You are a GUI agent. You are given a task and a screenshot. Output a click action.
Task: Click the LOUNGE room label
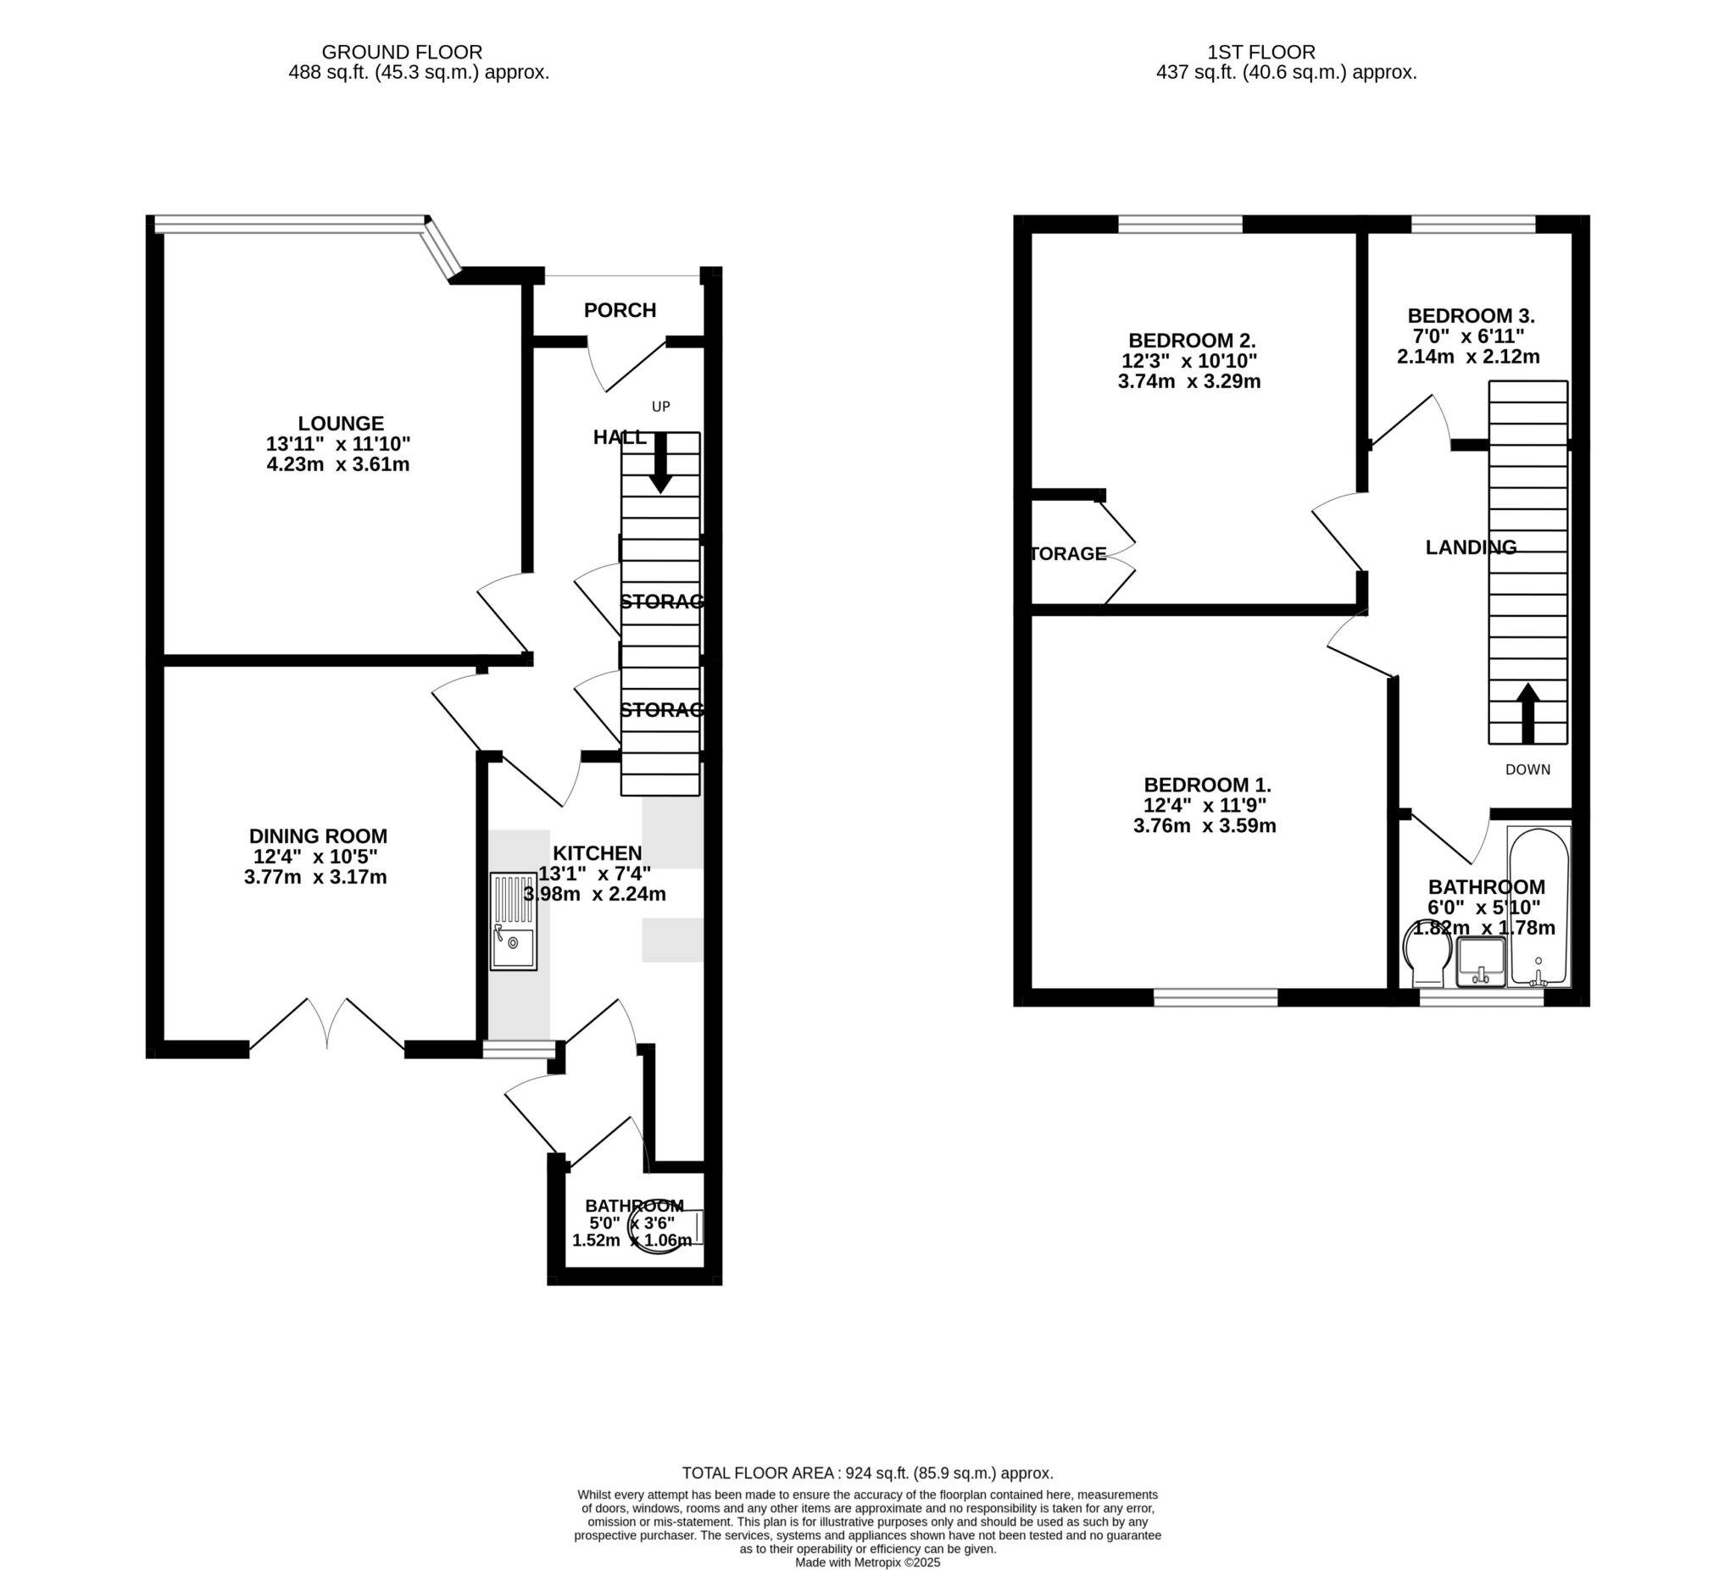click(x=341, y=424)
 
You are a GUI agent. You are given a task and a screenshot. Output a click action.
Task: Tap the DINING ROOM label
click(x=318, y=835)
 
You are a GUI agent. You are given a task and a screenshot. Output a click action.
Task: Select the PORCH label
click(x=620, y=310)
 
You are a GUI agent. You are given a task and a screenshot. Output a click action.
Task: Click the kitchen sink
click(x=513, y=922)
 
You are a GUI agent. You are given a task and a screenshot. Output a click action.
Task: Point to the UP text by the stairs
click(x=660, y=407)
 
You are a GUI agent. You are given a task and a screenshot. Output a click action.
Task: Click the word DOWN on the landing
click(x=1527, y=769)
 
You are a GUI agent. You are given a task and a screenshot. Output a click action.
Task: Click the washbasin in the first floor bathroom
click(x=1480, y=962)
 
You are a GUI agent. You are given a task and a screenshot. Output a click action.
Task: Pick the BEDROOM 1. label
click(x=1207, y=785)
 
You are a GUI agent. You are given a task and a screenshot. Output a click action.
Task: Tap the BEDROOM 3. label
click(x=1471, y=316)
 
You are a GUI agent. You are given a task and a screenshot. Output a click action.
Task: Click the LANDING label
click(x=1471, y=547)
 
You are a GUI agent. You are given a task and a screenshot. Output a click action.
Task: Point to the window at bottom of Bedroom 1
click(x=1215, y=997)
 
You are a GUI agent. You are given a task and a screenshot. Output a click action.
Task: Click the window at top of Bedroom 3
click(x=1472, y=225)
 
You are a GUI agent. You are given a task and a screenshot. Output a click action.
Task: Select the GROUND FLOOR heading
click(x=401, y=53)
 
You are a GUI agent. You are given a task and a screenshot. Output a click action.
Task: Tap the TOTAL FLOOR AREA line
click(x=867, y=1473)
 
